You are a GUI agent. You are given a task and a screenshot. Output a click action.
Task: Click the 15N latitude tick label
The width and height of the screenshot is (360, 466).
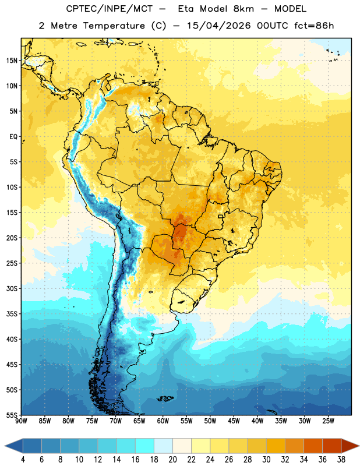(12, 61)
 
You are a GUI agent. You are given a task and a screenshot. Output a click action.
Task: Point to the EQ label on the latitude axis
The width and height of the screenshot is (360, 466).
(13, 137)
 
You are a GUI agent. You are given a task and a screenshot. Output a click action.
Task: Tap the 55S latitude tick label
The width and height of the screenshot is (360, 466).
(12, 415)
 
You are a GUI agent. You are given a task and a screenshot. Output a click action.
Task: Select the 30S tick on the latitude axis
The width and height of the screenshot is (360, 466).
(12, 288)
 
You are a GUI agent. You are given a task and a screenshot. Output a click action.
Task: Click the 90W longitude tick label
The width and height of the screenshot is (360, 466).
(21, 421)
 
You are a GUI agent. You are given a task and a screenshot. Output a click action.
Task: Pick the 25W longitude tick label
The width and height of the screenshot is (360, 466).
(328, 421)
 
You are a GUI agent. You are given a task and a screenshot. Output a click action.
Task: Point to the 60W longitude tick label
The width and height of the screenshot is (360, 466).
(163, 421)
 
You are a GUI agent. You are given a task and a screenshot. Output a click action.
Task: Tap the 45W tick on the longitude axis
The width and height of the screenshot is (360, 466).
(234, 421)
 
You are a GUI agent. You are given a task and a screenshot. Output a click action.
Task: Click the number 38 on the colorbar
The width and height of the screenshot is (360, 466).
(341, 460)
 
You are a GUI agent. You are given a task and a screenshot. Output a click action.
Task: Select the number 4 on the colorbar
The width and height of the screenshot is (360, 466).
(23, 460)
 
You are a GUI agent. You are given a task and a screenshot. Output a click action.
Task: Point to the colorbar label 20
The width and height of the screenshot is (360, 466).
(172, 460)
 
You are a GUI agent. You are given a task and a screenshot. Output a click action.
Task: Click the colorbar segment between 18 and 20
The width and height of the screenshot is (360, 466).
(163, 446)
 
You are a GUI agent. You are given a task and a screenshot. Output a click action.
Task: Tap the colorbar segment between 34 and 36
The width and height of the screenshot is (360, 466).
(313, 446)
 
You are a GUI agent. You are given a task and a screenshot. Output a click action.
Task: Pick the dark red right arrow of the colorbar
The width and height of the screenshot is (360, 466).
(350, 446)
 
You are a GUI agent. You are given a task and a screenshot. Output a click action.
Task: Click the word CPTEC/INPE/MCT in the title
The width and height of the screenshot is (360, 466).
(110, 9)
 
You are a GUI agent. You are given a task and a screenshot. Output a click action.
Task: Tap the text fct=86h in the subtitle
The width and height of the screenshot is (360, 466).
(314, 26)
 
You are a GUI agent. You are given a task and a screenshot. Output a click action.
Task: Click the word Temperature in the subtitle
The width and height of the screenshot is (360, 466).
(114, 26)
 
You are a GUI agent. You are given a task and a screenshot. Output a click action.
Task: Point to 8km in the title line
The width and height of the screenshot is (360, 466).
(243, 9)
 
